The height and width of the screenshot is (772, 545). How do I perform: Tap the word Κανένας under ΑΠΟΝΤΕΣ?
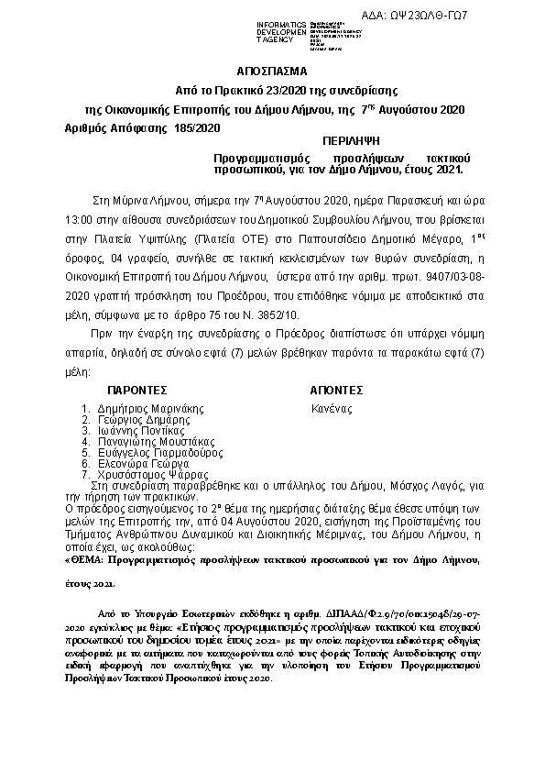331,409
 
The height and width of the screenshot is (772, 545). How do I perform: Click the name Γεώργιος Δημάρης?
144,420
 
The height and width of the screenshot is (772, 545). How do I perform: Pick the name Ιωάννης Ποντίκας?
142,431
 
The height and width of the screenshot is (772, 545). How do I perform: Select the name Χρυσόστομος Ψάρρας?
152,475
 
